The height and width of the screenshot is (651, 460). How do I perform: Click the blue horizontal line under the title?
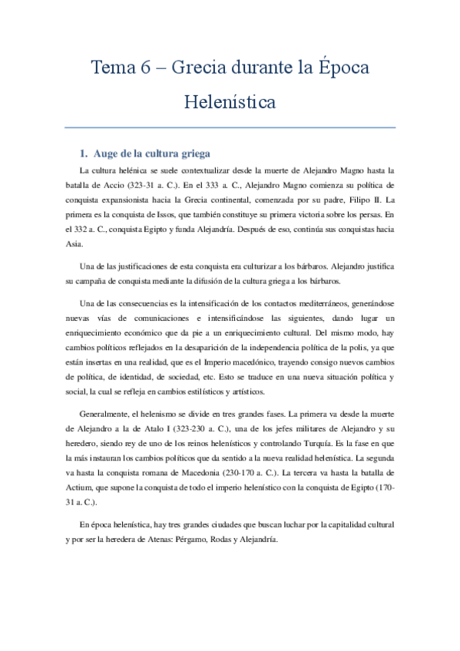pyautogui.click(x=230, y=127)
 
